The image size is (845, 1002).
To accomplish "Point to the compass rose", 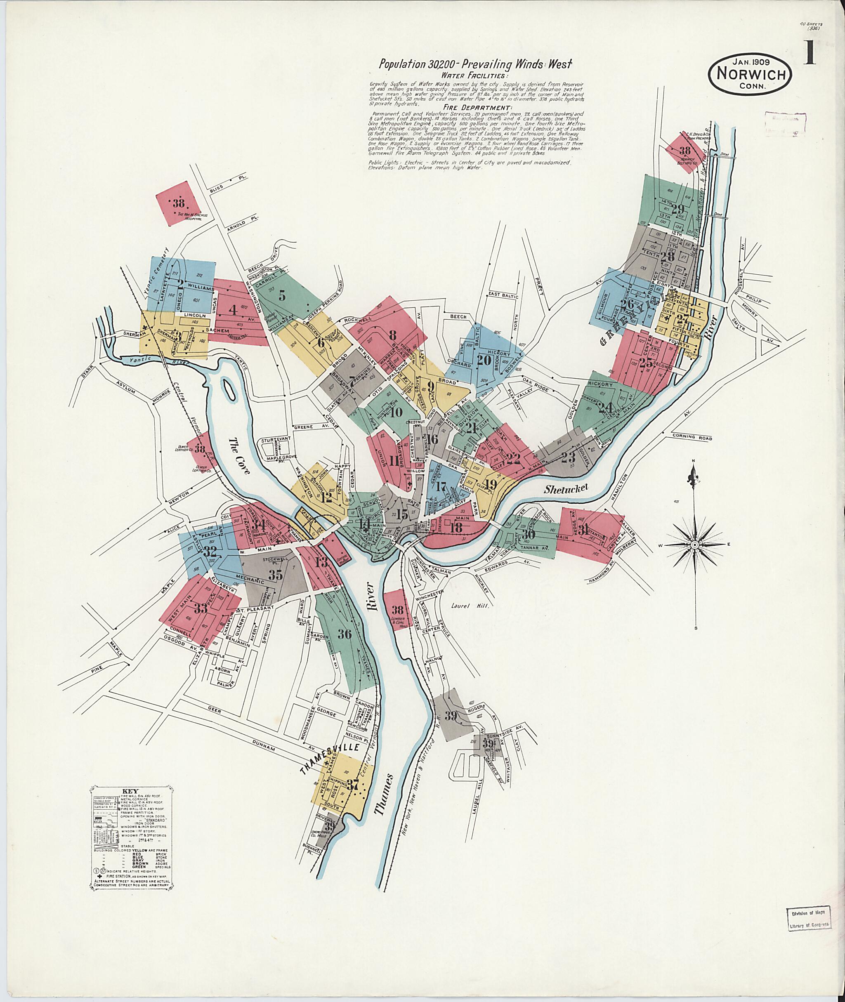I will pyautogui.click(x=694, y=545).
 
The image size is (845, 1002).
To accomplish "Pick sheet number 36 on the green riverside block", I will pyautogui.click(x=344, y=634).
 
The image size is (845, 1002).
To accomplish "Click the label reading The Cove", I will pyautogui.click(x=239, y=456).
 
